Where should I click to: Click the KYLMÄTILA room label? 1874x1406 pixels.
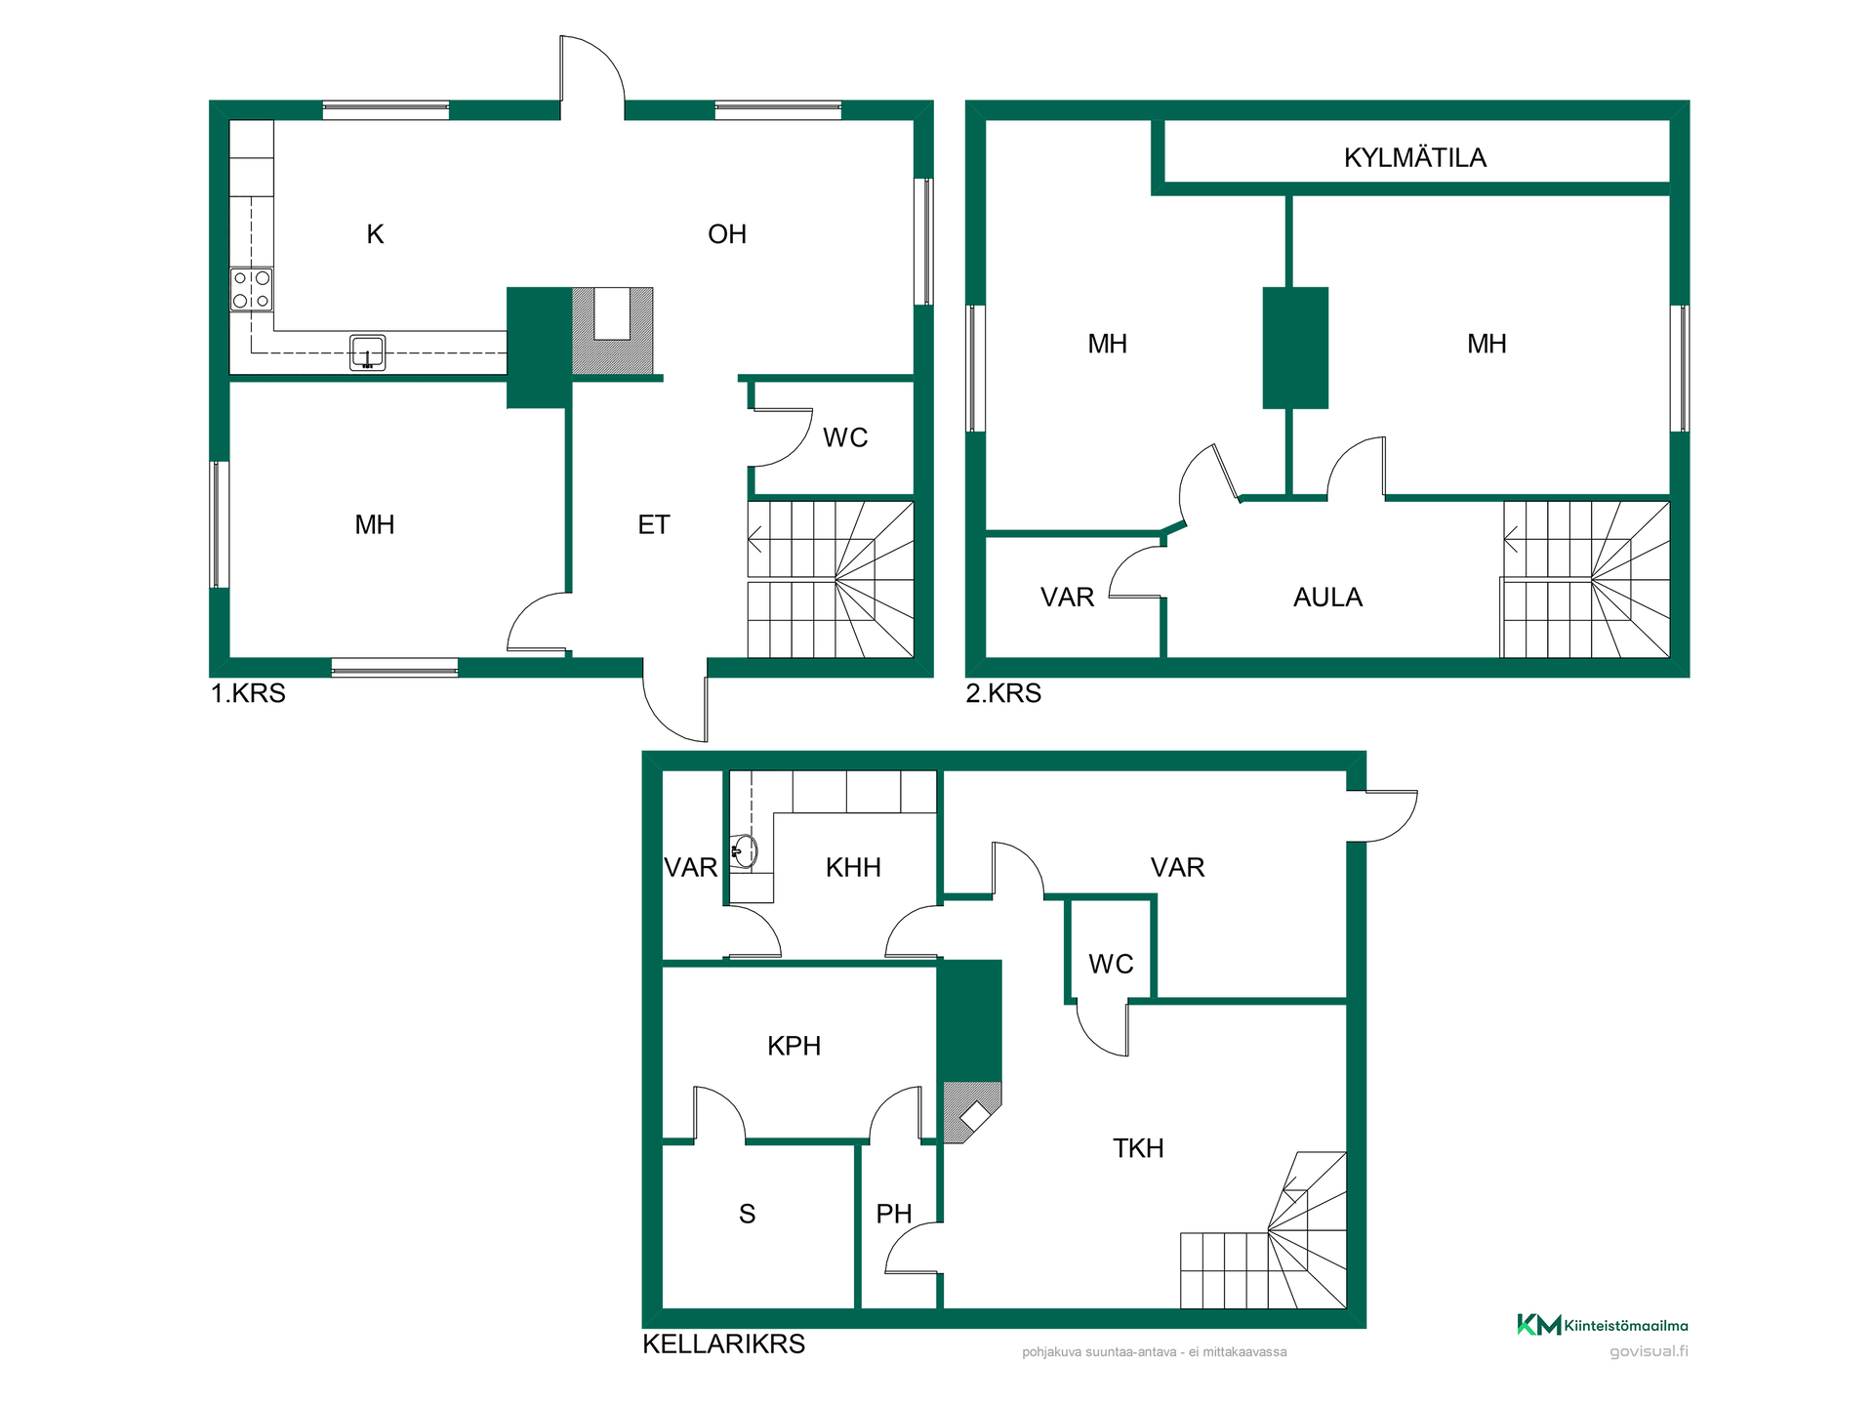pyautogui.click(x=1414, y=158)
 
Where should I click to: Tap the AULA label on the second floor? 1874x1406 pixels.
pyautogui.click(x=1327, y=598)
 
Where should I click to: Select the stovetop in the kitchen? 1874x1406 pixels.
pyautogui.click(x=251, y=290)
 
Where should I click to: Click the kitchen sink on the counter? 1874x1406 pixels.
pyautogui.click(x=367, y=352)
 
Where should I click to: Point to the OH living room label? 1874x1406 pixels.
pyautogui.click(x=727, y=234)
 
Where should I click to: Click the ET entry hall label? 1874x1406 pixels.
pyautogui.click(x=654, y=525)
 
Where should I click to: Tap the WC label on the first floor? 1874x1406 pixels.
pyautogui.click(x=845, y=437)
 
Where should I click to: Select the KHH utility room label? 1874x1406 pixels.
pyautogui.click(x=853, y=867)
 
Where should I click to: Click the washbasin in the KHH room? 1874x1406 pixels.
pyautogui.click(x=744, y=851)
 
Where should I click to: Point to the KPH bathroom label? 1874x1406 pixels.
pyautogui.click(x=794, y=1046)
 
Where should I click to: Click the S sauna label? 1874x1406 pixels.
pyautogui.click(x=748, y=1214)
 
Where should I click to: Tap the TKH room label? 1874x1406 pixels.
pyautogui.click(x=1138, y=1148)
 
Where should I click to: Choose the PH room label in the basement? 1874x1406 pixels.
pyautogui.click(x=894, y=1214)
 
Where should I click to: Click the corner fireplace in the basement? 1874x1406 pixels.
pyautogui.click(x=972, y=1112)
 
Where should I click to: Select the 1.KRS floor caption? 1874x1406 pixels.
pyautogui.click(x=249, y=693)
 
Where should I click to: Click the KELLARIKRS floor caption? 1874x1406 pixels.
pyautogui.click(x=724, y=1344)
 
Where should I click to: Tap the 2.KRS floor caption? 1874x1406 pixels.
pyautogui.click(x=1003, y=693)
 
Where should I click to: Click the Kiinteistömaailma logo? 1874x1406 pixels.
pyautogui.click(x=1602, y=1325)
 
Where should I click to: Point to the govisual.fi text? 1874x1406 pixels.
pyautogui.click(x=1649, y=1351)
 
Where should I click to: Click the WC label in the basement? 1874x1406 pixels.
pyautogui.click(x=1111, y=964)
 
